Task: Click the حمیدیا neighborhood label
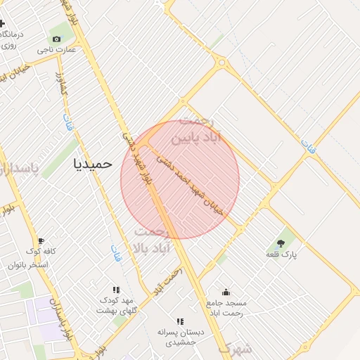click(93, 163)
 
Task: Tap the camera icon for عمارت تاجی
click(56, 39)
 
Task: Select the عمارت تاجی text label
click(55, 51)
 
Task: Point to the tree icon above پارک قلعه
click(281, 243)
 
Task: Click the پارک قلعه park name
click(281, 255)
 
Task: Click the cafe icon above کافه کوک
click(41, 241)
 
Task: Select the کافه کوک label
click(41, 252)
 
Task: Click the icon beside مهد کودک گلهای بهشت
click(116, 290)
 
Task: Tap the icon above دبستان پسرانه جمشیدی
click(180, 321)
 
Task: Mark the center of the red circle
click(180, 180)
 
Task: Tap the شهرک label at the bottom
click(234, 348)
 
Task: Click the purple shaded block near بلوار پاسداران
click(44, 309)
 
